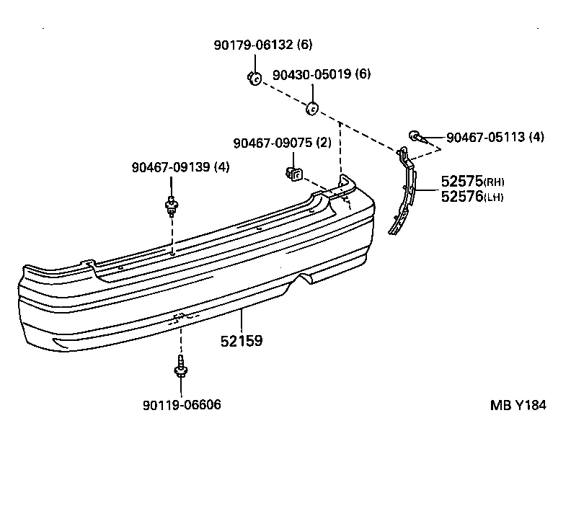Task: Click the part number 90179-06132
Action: coord(252,45)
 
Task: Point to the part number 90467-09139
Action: coord(171,167)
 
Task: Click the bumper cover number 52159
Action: coord(241,341)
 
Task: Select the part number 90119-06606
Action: coord(182,405)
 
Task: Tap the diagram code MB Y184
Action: coord(518,405)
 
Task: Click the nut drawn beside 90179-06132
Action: coord(253,77)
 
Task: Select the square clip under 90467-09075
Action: coord(294,174)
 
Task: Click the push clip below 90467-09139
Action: coord(171,206)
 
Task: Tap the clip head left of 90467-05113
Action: coord(415,135)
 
